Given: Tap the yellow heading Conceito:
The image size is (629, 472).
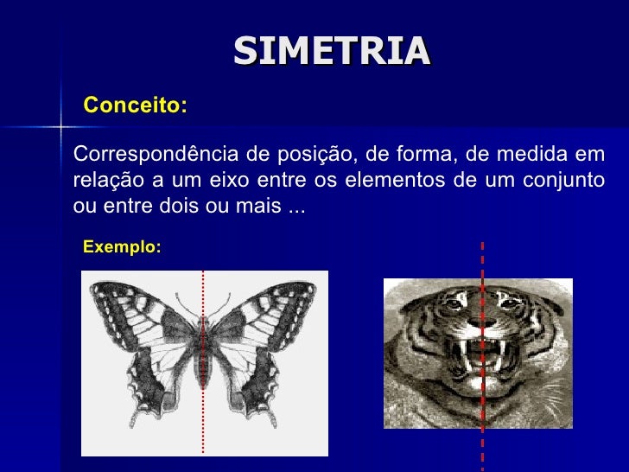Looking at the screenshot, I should [x=135, y=105].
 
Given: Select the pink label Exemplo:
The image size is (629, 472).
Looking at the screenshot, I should [x=122, y=247].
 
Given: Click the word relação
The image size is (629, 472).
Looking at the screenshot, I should [x=101, y=182].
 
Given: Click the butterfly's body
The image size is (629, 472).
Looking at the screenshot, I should [x=204, y=354].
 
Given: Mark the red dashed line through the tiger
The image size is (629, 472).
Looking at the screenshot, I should [x=482, y=259].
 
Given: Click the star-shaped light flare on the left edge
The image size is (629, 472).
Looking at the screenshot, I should [x=61, y=128].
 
